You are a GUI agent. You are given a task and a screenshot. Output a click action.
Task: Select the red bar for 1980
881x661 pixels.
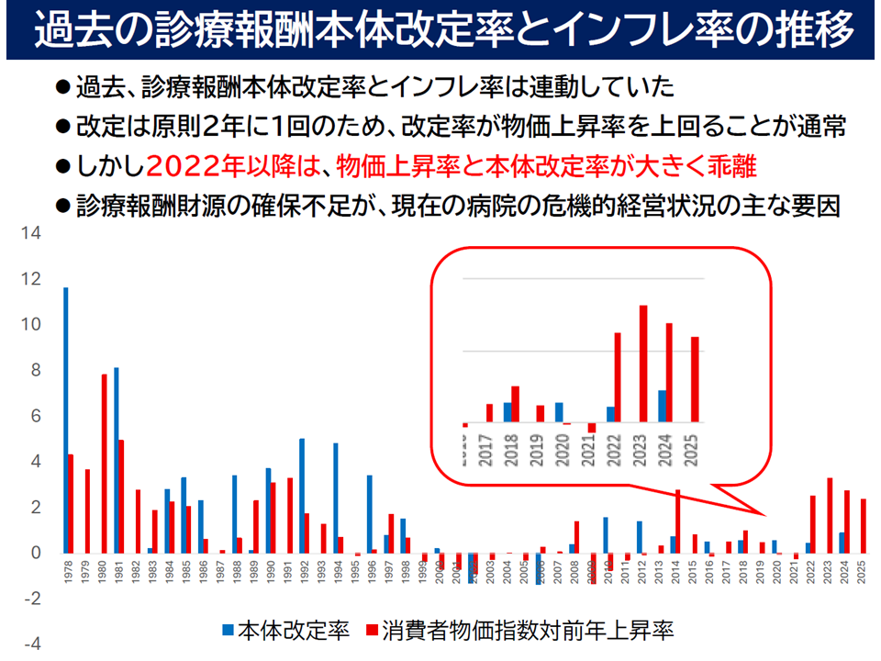105,464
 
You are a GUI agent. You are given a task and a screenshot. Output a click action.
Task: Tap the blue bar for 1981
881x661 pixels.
116,460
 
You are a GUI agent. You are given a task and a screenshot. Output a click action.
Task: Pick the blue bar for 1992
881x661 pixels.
301,496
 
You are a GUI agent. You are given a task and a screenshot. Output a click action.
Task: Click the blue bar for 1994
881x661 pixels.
335,499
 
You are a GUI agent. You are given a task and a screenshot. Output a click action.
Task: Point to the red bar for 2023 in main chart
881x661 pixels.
830,515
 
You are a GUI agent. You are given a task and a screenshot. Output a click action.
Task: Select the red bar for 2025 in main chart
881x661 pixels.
864,526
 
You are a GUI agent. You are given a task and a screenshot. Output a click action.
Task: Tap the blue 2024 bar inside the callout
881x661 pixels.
662,407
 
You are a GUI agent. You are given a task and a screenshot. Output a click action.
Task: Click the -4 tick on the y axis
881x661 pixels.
32,644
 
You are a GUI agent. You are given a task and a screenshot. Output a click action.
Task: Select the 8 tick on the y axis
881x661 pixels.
35,371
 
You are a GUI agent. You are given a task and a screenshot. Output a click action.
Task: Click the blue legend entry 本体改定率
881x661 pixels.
284,631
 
